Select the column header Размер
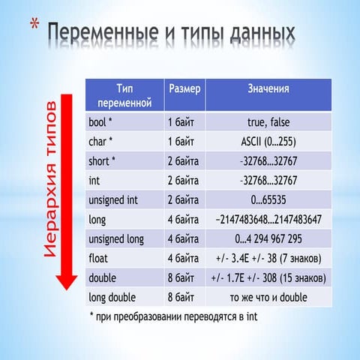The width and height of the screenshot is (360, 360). click(x=184, y=88)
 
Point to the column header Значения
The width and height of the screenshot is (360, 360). click(x=268, y=88)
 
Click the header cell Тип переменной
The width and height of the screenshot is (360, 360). click(x=124, y=94)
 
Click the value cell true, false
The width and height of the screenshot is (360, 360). click(x=268, y=121)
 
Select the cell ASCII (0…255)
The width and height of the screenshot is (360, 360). click(x=268, y=141)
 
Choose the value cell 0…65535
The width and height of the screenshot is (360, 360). click(x=268, y=200)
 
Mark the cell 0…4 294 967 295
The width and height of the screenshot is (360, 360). click(x=268, y=239)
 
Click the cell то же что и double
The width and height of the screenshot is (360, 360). click(x=268, y=298)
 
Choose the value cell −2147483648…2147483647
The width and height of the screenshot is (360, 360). click(x=268, y=220)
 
